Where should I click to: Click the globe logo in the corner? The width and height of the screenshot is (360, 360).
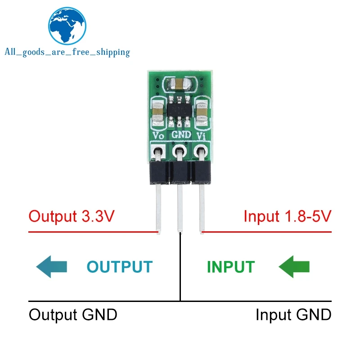coord(67,26)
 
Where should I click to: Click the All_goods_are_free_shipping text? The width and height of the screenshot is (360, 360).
coord(67,52)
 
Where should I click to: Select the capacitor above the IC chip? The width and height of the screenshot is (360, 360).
coord(180,82)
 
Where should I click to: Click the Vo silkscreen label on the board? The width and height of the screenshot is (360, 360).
coord(158,135)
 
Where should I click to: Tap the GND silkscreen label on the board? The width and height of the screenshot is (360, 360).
coord(180,135)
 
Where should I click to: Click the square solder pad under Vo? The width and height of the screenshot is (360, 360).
coord(157,152)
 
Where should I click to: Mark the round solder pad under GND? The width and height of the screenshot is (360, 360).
coord(180,152)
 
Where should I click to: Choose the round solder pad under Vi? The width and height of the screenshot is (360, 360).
coord(200,152)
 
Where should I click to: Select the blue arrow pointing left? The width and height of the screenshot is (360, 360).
coord(51,266)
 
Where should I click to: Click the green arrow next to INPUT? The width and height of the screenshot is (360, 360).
coord(295,266)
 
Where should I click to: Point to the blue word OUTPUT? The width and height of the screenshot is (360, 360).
coord(119,267)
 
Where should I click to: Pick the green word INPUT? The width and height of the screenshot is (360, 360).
coord(230,267)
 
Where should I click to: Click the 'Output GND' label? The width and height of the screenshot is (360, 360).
coord(73,315)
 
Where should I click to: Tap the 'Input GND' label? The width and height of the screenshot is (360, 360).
coord(293,315)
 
